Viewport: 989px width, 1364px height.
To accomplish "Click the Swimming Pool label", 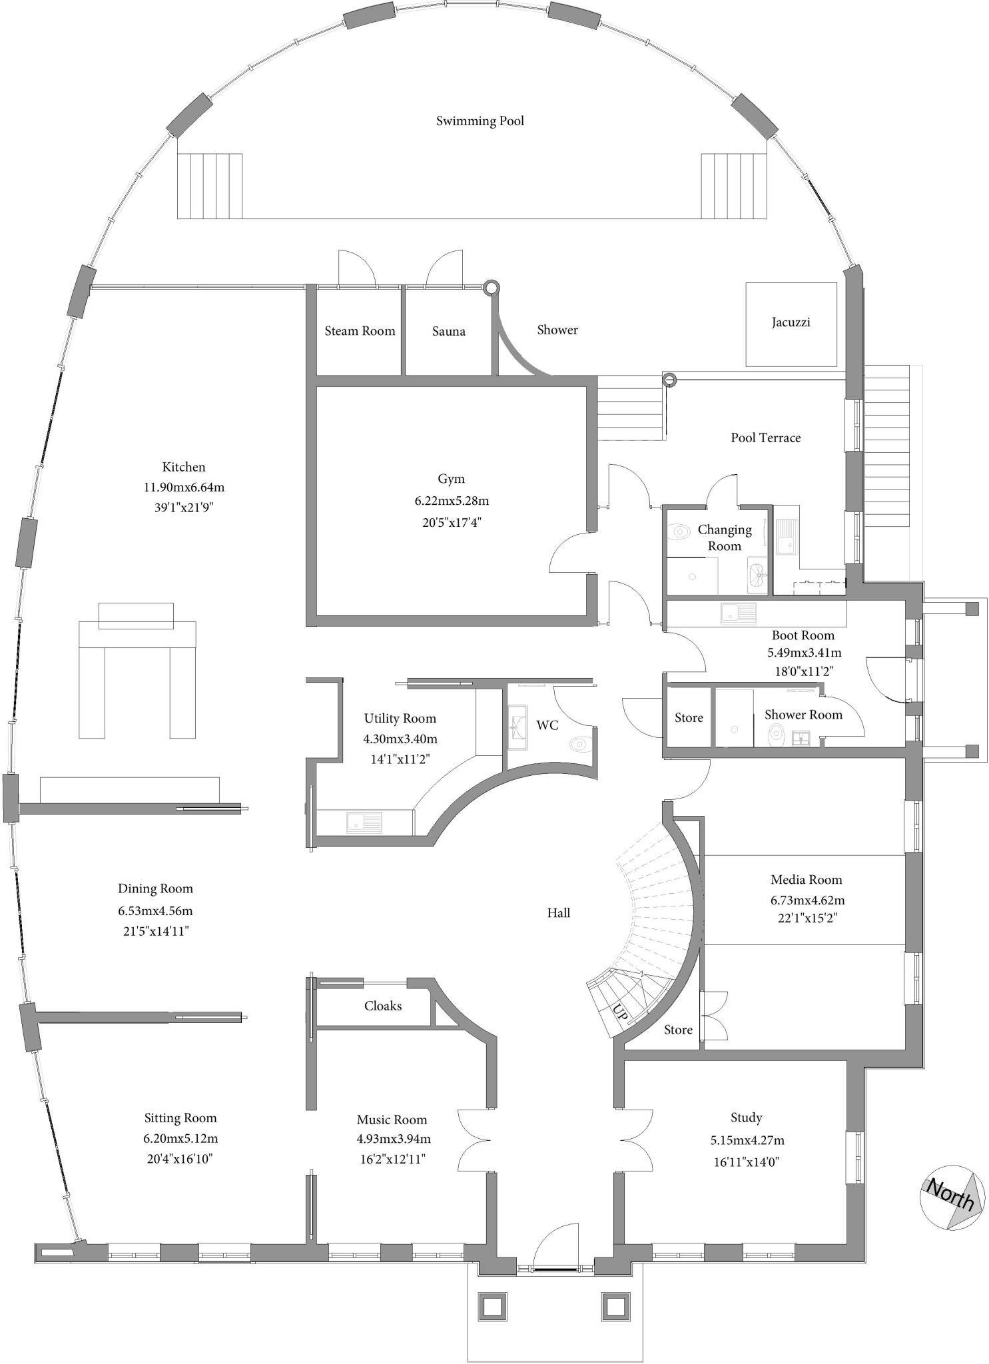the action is click(480, 121).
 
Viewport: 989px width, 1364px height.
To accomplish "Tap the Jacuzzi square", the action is click(791, 324).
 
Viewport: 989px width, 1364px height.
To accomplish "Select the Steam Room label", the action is click(360, 331).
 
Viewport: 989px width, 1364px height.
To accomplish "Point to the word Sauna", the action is click(448, 331).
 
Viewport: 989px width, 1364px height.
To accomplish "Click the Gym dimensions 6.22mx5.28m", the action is click(452, 500).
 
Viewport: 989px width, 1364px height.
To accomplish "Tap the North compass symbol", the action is click(952, 1197).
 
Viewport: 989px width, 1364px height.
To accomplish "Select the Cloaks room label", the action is click(383, 1006).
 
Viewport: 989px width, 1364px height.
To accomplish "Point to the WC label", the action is click(547, 725).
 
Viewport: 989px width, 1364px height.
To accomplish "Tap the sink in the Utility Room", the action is click(364, 822).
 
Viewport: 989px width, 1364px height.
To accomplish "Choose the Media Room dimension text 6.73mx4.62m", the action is click(807, 900).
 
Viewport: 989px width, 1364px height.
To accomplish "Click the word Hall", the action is click(558, 912).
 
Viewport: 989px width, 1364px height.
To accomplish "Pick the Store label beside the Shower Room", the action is click(689, 717).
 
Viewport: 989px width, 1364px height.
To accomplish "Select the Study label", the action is click(746, 1117).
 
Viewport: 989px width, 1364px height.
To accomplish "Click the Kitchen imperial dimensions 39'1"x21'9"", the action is click(184, 508).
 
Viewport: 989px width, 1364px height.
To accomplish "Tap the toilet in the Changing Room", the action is click(679, 531).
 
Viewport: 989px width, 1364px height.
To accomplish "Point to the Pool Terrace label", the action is click(765, 438).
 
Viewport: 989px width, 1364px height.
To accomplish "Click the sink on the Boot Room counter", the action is click(738, 612).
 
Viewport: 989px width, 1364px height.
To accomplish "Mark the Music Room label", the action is click(392, 1119).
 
